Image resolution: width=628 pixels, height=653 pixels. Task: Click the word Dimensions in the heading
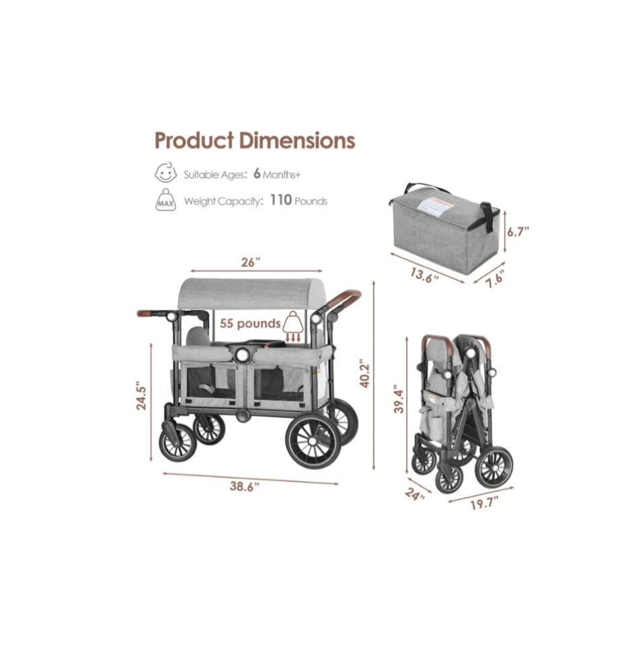[297, 141]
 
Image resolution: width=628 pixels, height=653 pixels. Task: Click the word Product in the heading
[194, 141]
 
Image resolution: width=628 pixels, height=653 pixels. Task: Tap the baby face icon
[165, 173]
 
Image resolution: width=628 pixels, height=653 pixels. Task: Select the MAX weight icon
[166, 200]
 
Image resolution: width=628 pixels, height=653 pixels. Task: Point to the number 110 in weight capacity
[280, 200]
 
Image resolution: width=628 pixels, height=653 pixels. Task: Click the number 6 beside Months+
[257, 174]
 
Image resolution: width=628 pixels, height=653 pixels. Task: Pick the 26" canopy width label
[251, 262]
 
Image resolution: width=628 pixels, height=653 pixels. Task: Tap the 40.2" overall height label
[364, 373]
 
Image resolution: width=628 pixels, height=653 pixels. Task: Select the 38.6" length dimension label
[245, 486]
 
